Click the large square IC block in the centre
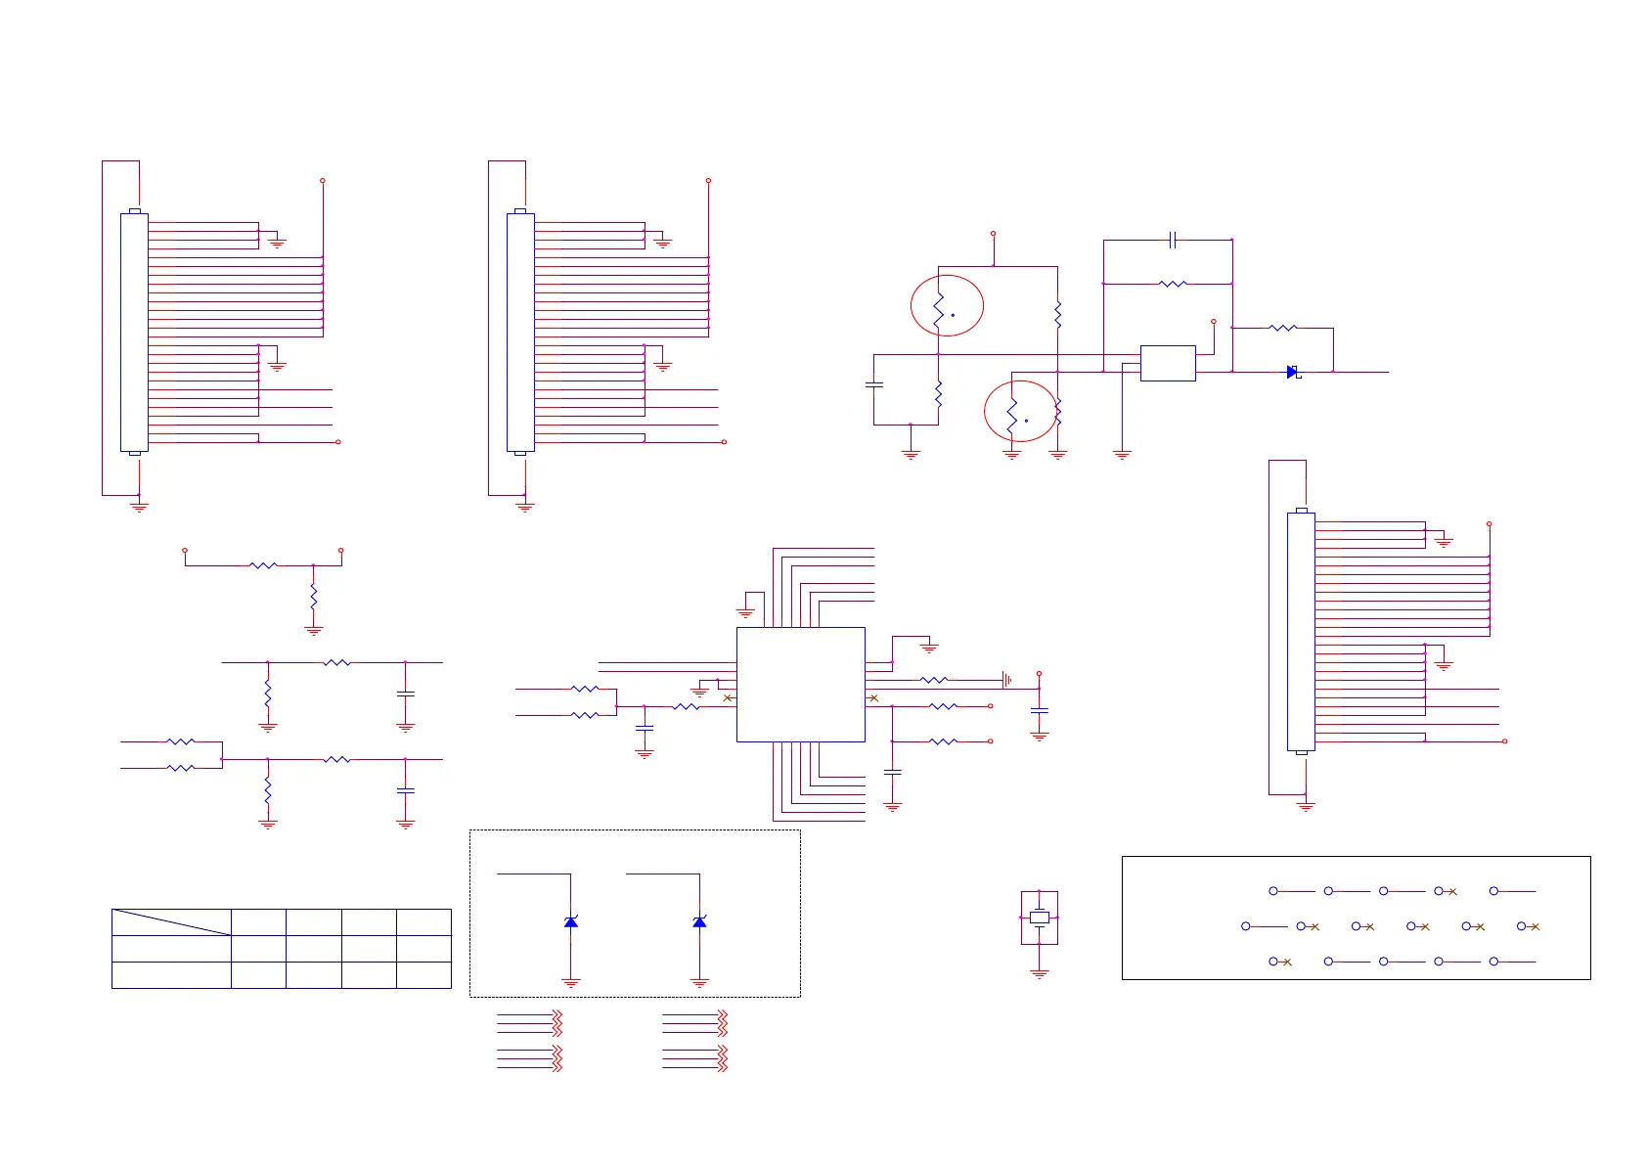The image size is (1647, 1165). pyautogui.click(x=800, y=684)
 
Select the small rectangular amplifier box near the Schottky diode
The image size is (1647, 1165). pyautogui.click(x=1167, y=363)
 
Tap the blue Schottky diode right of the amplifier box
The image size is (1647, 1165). pyautogui.click(x=1292, y=372)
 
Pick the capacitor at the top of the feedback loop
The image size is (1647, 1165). pyautogui.click(x=1173, y=239)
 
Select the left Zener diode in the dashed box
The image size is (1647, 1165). pyautogui.click(x=571, y=921)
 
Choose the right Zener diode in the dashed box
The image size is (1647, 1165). pyautogui.click(x=699, y=921)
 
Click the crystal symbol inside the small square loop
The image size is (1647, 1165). pyautogui.click(x=1039, y=918)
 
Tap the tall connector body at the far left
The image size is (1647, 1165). pyautogui.click(x=134, y=333)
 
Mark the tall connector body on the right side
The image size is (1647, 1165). pyautogui.click(x=1301, y=632)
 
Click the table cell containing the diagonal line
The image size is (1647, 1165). pyautogui.click(x=171, y=921)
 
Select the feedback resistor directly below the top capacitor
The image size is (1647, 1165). pyautogui.click(x=1173, y=284)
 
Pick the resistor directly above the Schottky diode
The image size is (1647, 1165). pyautogui.click(x=1282, y=328)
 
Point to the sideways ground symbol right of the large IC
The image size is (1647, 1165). pyautogui.click(x=1006, y=679)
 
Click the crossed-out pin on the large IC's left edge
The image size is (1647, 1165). pyautogui.click(x=727, y=697)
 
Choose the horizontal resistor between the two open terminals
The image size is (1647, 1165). pyautogui.click(x=263, y=565)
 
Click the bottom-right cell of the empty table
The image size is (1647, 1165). pyautogui.click(x=423, y=974)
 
